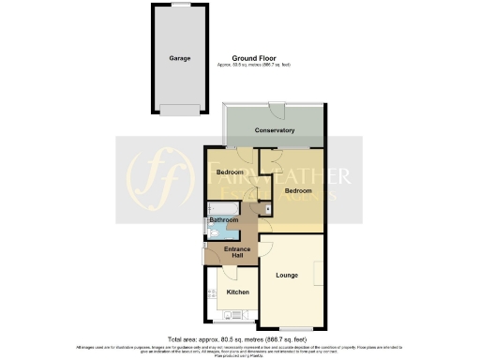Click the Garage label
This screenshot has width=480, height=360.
click(180, 58)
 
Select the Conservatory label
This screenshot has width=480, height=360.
click(276, 130)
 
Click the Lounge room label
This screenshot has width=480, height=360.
click(288, 277)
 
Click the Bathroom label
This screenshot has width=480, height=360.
click(223, 221)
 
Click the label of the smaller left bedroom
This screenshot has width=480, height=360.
click(230, 172)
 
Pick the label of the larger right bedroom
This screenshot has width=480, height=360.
click(298, 190)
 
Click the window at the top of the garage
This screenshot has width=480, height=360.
click(180, 5)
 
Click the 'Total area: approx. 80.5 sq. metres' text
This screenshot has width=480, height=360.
click(240, 338)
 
